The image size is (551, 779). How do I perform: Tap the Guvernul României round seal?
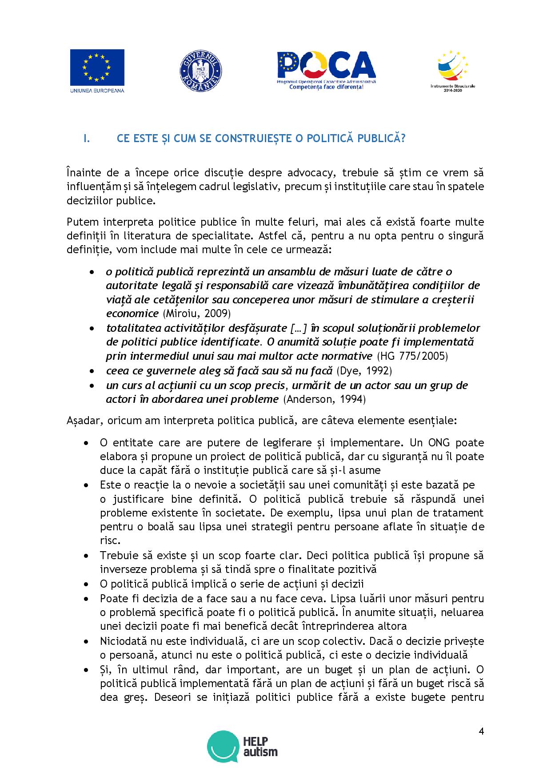pyautogui.click(x=201, y=71)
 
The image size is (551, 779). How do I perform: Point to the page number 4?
pyautogui.click(x=481, y=731)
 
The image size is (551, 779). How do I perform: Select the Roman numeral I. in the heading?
pyautogui.click(x=86, y=138)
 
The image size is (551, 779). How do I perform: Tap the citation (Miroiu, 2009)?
pyautogui.click(x=196, y=313)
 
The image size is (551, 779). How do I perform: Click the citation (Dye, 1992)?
pyautogui.click(x=364, y=370)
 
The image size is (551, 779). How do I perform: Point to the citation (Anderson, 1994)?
pyautogui.click(x=324, y=399)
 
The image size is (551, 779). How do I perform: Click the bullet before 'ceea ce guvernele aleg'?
pyautogui.click(x=92, y=371)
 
